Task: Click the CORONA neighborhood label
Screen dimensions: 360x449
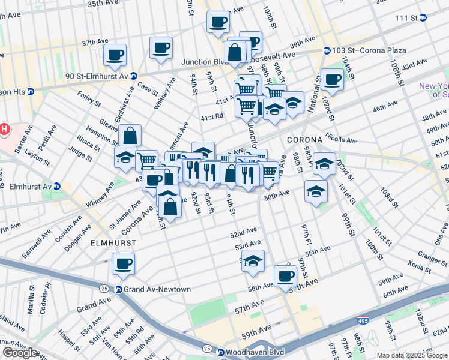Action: (304, 139)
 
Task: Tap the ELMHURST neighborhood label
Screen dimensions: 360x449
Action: (113, 243)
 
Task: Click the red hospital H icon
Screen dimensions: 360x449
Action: (4, 129)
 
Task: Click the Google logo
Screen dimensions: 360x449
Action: (20, 353)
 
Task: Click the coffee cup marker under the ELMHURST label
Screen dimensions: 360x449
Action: (123, 263)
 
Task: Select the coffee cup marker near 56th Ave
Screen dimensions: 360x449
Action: (285, 276)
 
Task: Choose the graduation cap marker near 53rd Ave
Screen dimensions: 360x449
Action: (253, 261)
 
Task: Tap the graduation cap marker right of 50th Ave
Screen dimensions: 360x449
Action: (316, 191)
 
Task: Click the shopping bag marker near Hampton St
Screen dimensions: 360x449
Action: (130, 136)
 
